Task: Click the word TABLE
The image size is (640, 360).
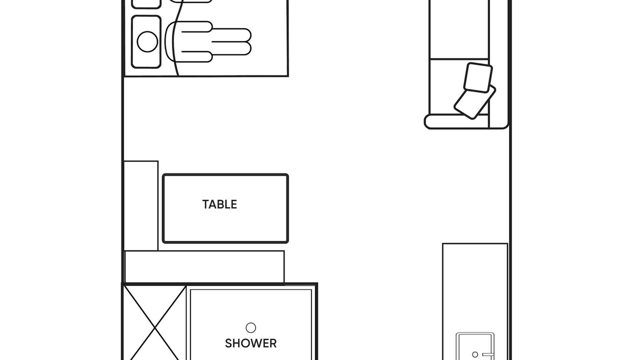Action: [x=219, y=204]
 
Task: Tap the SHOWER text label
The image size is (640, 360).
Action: [x=250, y=343]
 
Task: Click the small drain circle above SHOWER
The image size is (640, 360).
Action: [x=250, y=327]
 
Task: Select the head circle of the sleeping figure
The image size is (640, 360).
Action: [x=147, y=41]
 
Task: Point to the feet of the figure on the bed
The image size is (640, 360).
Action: [x=232, y=41]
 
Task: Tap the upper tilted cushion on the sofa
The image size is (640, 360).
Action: [x=477, y=77]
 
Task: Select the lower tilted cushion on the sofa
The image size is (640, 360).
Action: [x=474, y=102]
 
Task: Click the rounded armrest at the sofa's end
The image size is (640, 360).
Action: [x=456, y=121]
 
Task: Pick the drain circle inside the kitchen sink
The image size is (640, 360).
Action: [x=475, y=354]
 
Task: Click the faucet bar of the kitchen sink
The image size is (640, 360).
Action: [x=488, y=355]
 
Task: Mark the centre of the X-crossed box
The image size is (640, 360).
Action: [x=154, y=327]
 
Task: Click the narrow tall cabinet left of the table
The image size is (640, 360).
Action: [x=141, y=205]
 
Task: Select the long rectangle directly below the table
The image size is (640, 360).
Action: [x=204, y=266]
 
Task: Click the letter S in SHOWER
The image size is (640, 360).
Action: [x=228, y=343]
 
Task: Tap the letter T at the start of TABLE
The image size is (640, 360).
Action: [x=205, y=204]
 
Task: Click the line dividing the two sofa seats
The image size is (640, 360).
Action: [x=459, y=59]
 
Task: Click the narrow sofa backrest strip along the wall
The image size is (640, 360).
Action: [x=499, y=63]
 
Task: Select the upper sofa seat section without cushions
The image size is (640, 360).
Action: [x=459, y=29]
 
